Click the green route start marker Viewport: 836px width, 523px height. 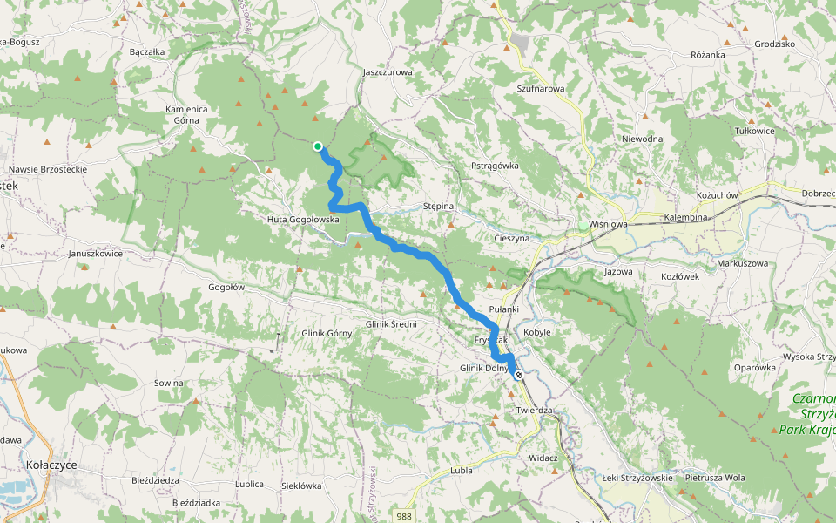pyautogui.click(x=318, y=146)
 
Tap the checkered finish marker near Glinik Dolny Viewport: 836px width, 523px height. pyautogui.click(x=519, y=375)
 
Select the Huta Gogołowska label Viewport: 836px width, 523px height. pyautogui.click(x=303, y=220)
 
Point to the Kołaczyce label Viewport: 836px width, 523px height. pyautogui.click(x=51, y=465)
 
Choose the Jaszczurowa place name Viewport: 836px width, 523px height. pyautogui.click(x=387, y=72)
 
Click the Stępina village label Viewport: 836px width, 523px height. pyautogui.click(x=438, y=207)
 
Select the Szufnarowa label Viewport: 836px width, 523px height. pyautogui.click(x=541, y=89)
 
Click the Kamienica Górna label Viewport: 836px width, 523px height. pyautogui.click(x=186, y=114)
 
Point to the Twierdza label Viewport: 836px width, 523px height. pyautogui.click(x=535, y=410)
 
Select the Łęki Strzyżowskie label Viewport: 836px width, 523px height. pyautogui.click(x=637, y=478)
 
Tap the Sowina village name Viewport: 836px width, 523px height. pyautogui.click(x=169, y=383)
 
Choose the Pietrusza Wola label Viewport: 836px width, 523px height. pyautogui.click(x=715, y=478)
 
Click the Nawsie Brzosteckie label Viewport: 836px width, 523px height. pyautogui.click(x=47, y=169)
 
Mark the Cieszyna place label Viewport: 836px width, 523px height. pyautogui.click(x=511, y=237)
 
